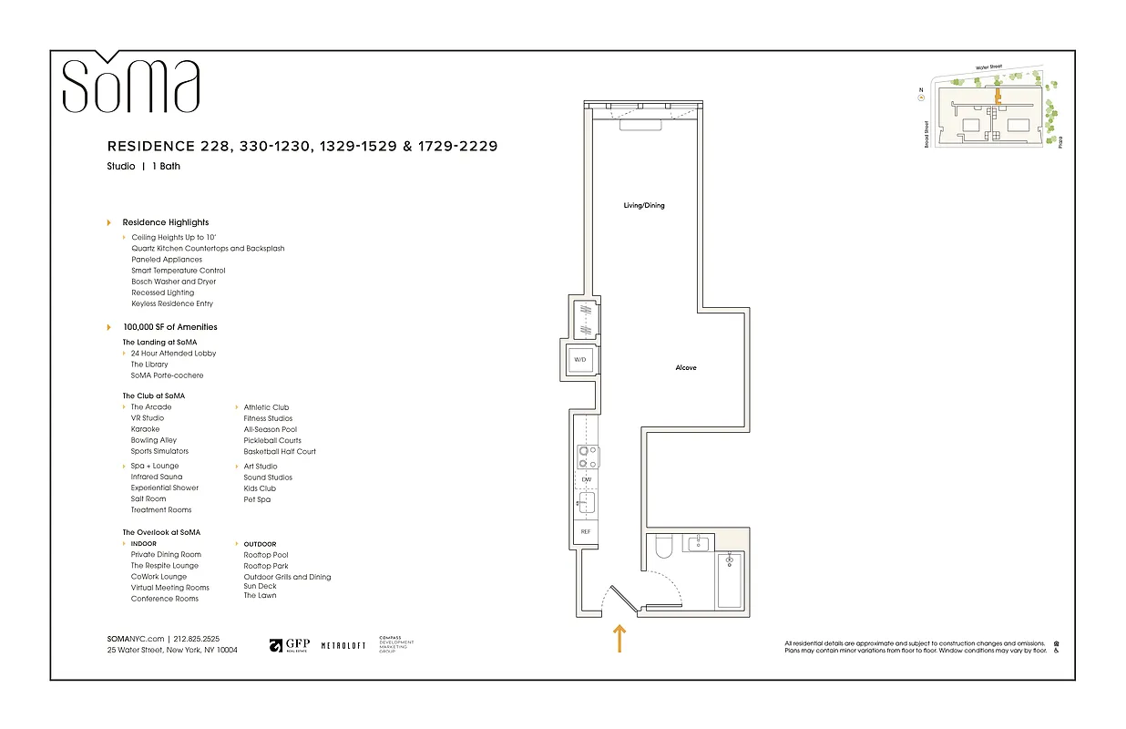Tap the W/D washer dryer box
point(580,361)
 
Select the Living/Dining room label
point(643,206)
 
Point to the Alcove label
point(685,368)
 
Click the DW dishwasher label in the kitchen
point(587,479)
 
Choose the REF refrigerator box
point(587,531)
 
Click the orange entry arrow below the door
point(619,638)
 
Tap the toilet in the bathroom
point(664,547)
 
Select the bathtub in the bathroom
point(730,580)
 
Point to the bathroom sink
point(698,544)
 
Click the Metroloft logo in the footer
point(343,645)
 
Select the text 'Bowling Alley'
point(154,440)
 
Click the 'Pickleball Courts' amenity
point(271,440)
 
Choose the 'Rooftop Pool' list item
point(266,555)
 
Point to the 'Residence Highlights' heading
point(165,222)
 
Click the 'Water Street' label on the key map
point(988,67)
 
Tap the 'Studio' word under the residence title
point(120,167)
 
